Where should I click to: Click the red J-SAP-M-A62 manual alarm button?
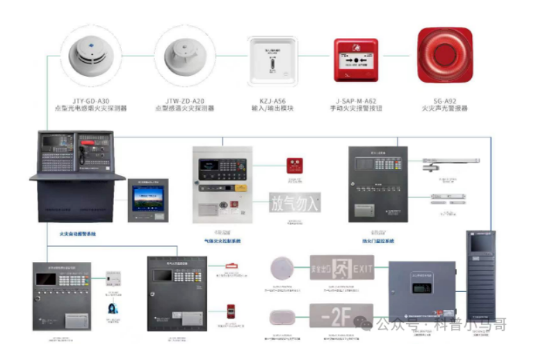(356, 60)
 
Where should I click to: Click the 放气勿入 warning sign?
(295, 203)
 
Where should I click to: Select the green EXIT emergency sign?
(342, 267)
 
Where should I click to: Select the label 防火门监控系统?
(378, 240)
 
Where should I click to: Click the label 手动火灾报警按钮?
(356, 109)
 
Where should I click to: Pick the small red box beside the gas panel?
(295, 165)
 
